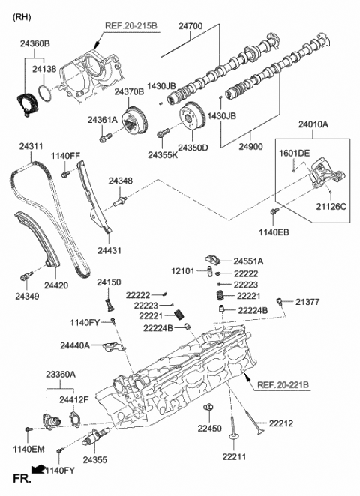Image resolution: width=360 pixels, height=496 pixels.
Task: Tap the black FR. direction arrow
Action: (x=34, y=471)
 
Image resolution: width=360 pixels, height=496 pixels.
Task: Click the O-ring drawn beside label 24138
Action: (x=45, y=95)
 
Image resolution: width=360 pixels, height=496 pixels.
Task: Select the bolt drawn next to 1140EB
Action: (x=274, y=214)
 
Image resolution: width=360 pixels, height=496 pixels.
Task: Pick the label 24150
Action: (x=108, y=282)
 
